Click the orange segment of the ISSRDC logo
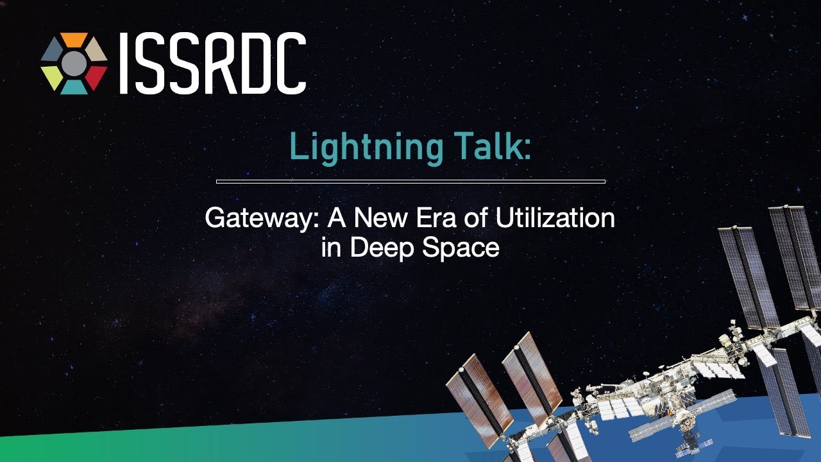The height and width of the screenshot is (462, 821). (74, 39)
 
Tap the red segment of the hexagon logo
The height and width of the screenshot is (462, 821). (96, 77)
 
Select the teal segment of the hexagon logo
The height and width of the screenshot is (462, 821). (74, 88)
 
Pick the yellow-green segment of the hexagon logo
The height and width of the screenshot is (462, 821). (52, 77)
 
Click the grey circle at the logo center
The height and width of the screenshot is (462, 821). (74, 64)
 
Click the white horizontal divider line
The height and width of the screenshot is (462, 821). (410, 181)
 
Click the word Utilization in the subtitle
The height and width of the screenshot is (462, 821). (555, 218)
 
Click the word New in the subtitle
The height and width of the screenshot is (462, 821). (381, 218)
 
